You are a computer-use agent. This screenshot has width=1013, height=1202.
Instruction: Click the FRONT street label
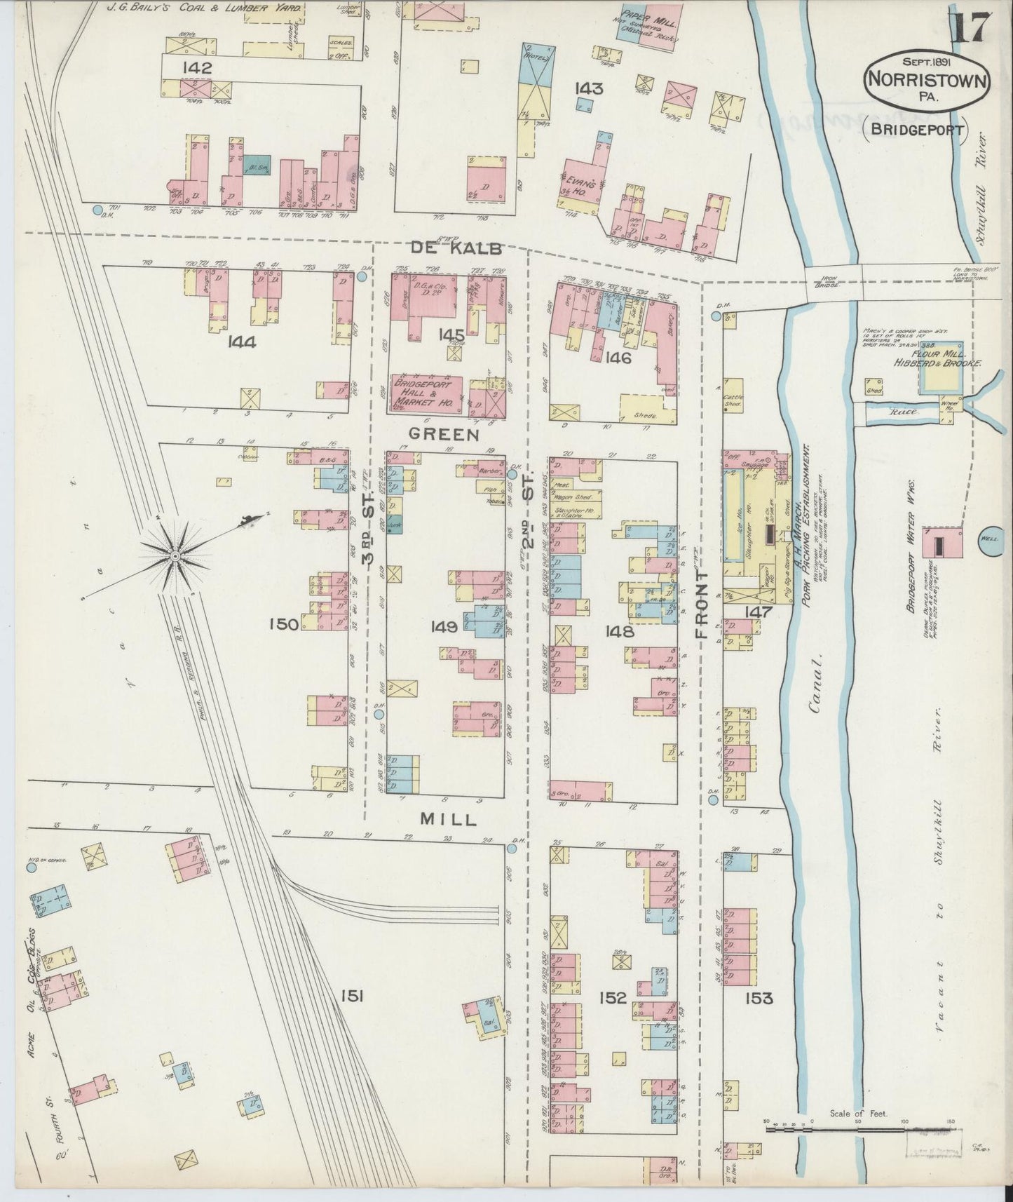702,602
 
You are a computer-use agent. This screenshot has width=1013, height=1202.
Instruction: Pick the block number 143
589,88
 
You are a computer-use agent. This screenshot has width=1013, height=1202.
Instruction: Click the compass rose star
175,556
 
